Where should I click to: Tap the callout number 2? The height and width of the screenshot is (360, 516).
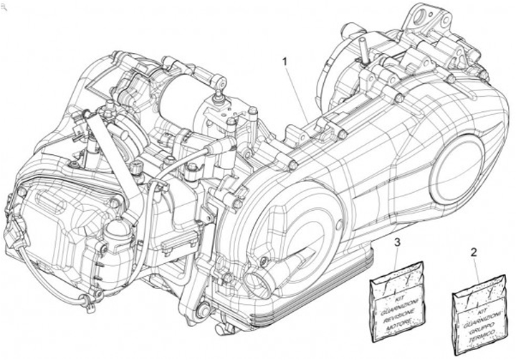[473, 252]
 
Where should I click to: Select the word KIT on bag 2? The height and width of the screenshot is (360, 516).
[474, 304]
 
